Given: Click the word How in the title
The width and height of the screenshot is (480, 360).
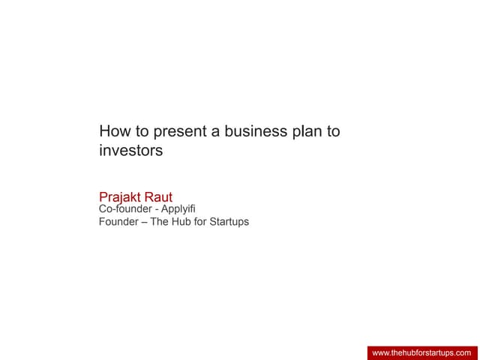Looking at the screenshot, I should [x=114, y=132].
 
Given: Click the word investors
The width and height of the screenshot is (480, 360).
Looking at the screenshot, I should [x=130, y=150].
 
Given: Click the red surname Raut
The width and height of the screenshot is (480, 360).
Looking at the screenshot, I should [x=159, y=198].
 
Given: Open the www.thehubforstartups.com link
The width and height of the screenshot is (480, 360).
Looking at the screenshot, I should [x=421, y=352].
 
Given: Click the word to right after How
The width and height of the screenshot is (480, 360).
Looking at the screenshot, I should [x=140, y=132].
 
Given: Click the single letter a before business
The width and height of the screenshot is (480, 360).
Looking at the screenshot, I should [x=214, y=133].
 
